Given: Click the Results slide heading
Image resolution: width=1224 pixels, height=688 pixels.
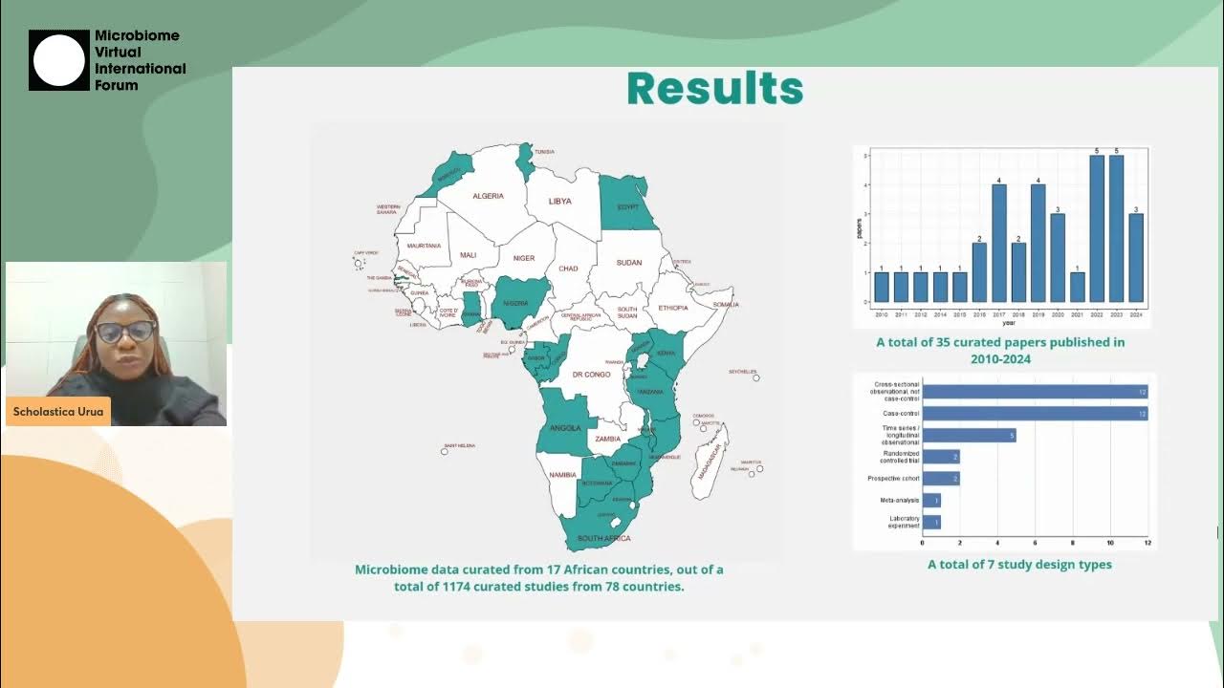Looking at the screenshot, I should [x=714, y=89].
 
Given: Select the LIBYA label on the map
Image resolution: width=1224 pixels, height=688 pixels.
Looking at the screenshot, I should [x=559, y=202].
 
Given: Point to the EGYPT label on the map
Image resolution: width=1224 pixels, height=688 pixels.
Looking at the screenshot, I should [x=627, y=206].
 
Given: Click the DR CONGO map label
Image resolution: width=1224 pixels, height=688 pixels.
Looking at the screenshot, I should [x=591, y=375].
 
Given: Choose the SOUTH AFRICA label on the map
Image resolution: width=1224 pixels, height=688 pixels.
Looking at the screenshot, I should [x=603, y=538].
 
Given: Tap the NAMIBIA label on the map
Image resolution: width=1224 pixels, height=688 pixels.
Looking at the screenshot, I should [x=563, y=475].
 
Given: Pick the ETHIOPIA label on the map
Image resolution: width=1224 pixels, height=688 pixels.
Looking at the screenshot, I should [x=672, y=308].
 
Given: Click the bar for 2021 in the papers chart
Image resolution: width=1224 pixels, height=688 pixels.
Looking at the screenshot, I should [x=1078, y=288].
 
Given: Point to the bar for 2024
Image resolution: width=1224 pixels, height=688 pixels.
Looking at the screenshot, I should [x=1136, y=258].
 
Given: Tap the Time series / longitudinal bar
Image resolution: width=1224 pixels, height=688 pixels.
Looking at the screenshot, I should [x=969, y=435].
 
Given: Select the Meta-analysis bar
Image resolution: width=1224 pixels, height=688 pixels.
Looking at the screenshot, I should [x=931, y=501].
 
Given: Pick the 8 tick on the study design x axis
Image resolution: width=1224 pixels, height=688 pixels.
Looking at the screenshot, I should [x=1073, y=544].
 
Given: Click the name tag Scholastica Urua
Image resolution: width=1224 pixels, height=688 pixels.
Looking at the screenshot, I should [x=57, y=412].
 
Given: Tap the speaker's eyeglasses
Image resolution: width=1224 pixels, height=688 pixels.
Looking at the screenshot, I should [x=125, y=332].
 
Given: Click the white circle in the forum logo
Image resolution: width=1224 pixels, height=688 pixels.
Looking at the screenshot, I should [x=59, y=60].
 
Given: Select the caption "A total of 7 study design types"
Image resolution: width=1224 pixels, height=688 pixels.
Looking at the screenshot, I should [x=1019, y=565].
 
